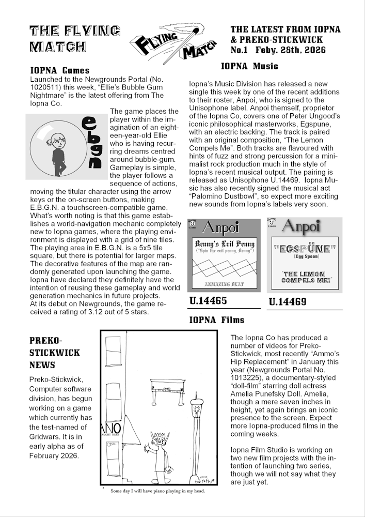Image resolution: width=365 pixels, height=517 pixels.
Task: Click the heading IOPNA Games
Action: tap(60, 70)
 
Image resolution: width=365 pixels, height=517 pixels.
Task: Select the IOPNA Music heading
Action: tap(249, 66)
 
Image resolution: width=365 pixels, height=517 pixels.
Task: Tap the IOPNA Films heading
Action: tap(216, 320)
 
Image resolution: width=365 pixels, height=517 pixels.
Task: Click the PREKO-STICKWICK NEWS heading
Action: tap(55, 353)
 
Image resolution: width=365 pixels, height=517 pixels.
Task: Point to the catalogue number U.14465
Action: tap(209, 301)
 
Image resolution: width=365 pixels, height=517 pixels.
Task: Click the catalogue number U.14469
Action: tap(288, 301)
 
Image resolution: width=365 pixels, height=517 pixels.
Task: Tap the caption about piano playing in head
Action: tap(158, 491)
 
